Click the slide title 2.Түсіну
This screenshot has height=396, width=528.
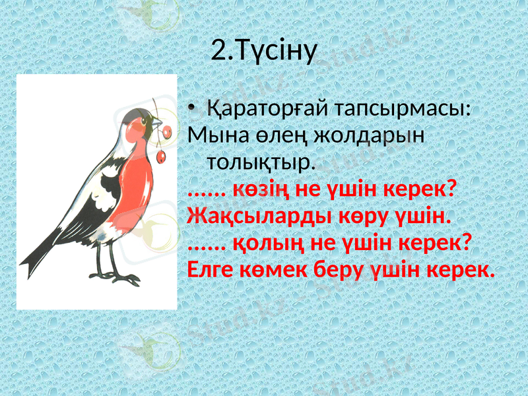(265, 49)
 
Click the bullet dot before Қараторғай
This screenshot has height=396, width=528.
(191, 108)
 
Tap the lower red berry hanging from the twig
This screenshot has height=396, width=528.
(160, 156)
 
